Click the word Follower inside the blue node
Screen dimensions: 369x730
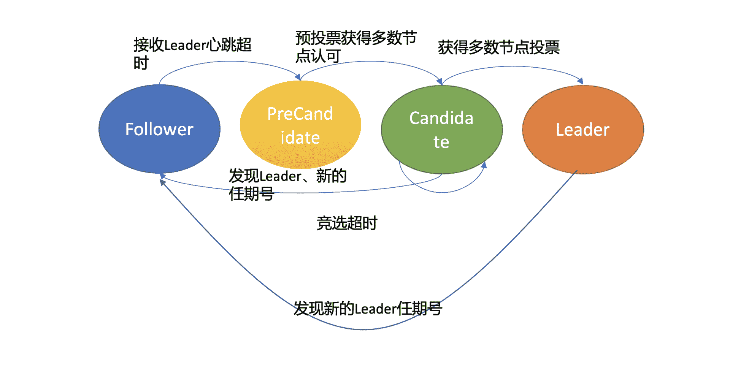159,130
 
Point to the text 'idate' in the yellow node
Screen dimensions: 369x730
300,138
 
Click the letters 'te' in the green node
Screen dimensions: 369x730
441,142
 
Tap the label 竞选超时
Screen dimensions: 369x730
347,223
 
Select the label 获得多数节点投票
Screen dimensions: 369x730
498,48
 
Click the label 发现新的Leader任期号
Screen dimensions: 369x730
368,309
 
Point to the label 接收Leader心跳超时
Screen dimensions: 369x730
192,53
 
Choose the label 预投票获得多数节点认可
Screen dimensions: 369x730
355,46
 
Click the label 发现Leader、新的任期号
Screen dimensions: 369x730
287,185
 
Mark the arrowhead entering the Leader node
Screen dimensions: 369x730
580,81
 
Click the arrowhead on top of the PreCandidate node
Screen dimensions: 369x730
298,77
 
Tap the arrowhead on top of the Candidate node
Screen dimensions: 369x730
440,81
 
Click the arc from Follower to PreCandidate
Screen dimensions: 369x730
228,62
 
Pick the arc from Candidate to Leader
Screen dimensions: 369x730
509,67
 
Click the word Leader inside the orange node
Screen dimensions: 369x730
583,130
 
